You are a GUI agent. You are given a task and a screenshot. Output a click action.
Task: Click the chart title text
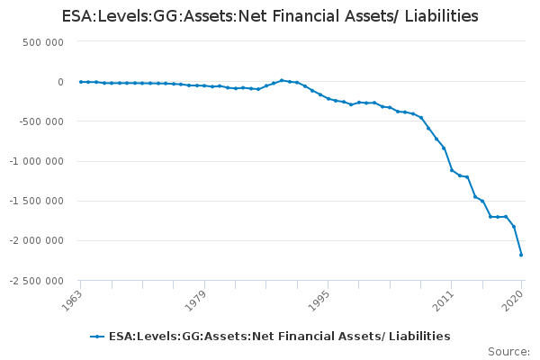point(270,17)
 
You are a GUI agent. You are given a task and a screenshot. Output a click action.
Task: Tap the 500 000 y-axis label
point(41,42)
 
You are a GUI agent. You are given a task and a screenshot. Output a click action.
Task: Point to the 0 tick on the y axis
point(59,82)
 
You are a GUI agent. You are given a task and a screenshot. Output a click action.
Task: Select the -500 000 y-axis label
point(40,121)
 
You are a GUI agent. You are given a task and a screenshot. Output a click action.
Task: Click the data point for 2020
point(521,255)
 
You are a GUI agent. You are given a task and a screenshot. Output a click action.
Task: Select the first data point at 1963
point(80,82)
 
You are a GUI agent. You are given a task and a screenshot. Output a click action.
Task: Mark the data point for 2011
point(452,170)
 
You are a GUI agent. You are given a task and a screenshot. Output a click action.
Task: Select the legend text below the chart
point(279,337)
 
